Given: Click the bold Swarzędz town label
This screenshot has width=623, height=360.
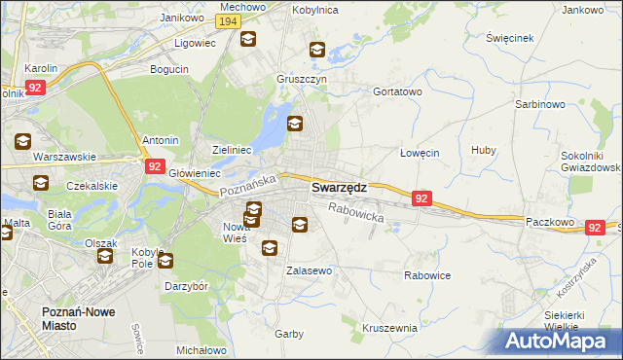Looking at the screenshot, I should pos(339,189).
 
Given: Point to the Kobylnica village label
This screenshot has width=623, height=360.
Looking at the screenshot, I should pos(314,10).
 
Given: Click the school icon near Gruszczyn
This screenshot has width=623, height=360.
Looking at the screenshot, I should pos(317,51).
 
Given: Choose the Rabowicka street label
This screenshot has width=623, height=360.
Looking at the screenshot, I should pos(356,212).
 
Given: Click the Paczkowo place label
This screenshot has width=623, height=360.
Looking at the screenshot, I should pos(549,222).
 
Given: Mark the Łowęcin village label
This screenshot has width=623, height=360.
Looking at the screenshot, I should pos(420,153).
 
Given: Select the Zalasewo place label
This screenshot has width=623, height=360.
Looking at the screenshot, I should pos(309,270).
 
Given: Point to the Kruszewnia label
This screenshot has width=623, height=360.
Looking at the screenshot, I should pos(389,328).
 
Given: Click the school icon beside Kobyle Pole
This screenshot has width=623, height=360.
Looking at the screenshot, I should pos(165,261).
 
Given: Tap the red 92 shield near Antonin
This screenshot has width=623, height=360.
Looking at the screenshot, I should pos(155,166).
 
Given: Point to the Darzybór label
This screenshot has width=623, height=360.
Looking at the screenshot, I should pos(187,287).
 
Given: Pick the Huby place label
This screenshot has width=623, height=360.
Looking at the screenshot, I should pos(483,150).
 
